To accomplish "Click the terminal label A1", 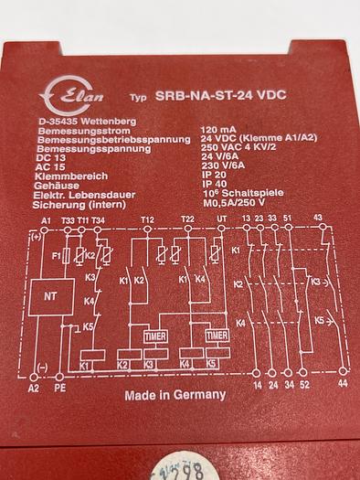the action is (46, 221).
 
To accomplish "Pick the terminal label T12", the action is (148, 221).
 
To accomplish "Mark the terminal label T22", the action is (187, 221).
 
